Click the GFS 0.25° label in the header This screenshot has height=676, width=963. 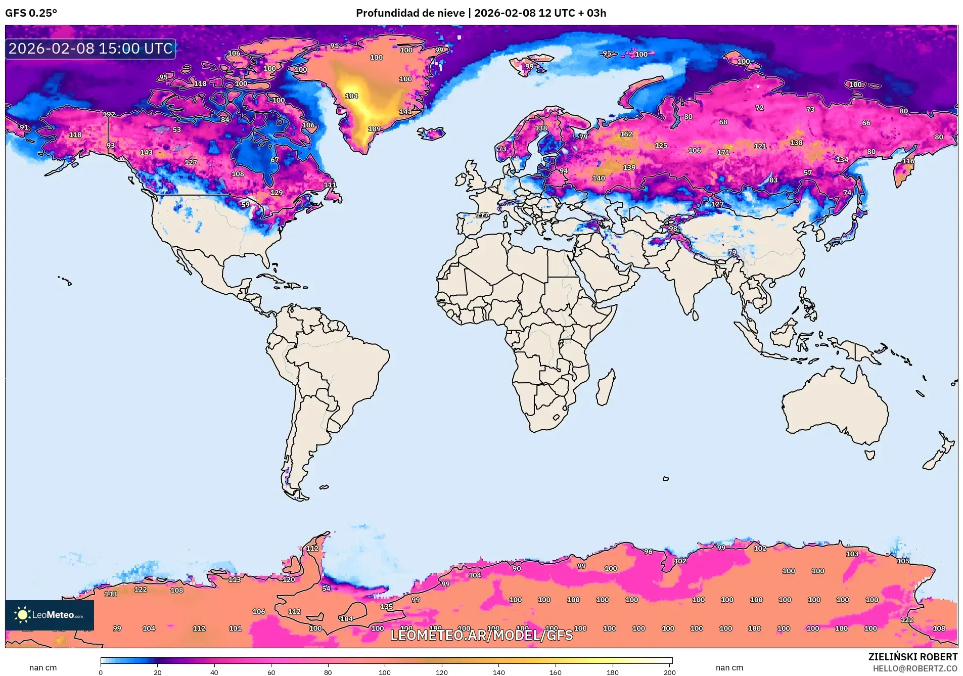coord(31,13)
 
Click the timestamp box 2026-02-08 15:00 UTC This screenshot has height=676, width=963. coord(90,49)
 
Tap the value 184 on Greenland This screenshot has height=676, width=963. coord(351,96)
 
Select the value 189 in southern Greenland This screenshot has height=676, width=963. coord(374,129)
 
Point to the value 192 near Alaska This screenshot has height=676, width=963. coord(109,114)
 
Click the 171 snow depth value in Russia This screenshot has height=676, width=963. coord(723,152)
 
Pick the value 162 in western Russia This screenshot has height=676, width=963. coord(626,134)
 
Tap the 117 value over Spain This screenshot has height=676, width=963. coord(482,215)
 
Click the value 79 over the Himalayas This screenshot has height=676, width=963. coord(732,252)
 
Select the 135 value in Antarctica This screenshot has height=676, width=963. coord(386,606)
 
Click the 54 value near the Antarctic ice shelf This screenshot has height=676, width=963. coord(326,588)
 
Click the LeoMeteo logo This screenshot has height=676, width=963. coord(49,615)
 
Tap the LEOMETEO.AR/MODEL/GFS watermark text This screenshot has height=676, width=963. coord(481,635)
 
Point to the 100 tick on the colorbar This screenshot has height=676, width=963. coord(385,672)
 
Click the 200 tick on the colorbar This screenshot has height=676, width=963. coord(669,672)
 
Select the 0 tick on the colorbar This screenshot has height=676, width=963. coord(101,672)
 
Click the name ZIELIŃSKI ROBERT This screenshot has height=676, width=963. coord(912,657)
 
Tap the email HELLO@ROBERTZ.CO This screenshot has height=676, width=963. coord(915,668)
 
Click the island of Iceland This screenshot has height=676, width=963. coord(431,133)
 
